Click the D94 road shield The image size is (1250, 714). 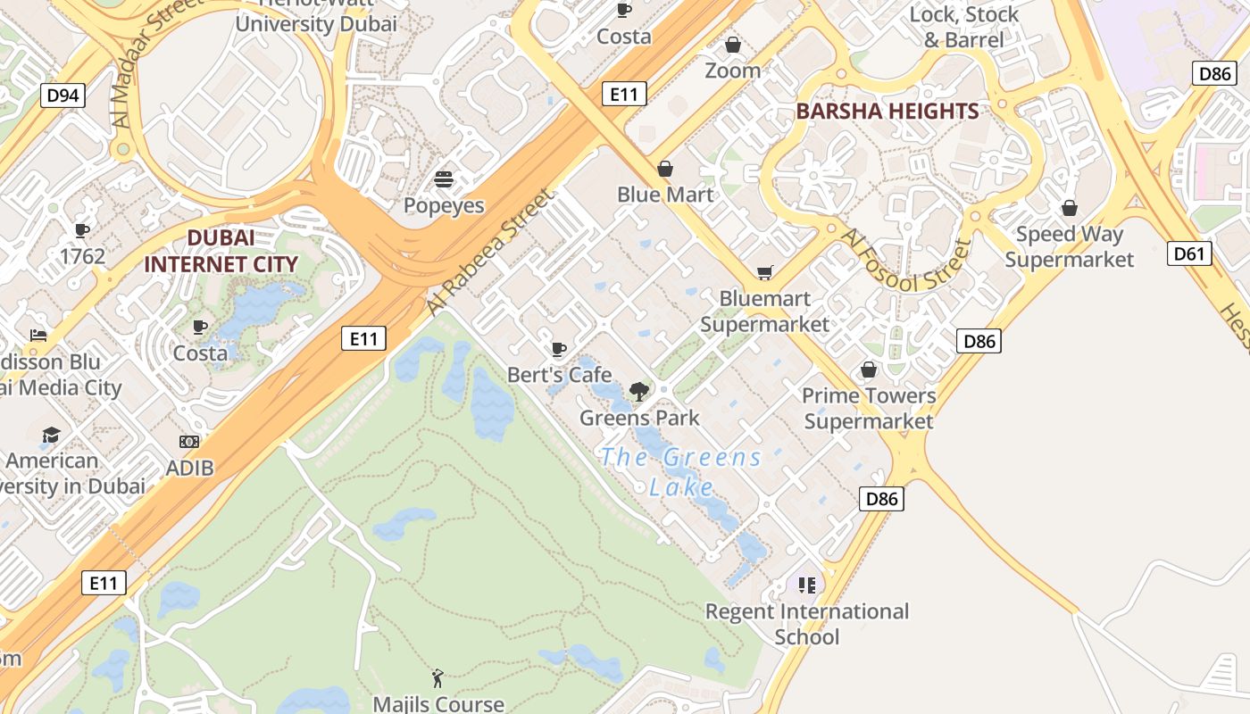62,95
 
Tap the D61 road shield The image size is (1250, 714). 1188,253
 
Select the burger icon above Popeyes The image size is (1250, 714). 444,179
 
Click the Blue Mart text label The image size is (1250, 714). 665,195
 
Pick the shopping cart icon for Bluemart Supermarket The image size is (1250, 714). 764,272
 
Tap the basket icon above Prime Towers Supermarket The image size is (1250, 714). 868,369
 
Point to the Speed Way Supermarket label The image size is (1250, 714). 1069,246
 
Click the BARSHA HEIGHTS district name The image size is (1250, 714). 887,112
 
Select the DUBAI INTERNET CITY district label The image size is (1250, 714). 220,251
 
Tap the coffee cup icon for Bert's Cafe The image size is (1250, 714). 559,349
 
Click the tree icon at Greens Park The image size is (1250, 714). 638,391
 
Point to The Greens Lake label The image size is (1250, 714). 681,472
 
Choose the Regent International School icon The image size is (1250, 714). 807,585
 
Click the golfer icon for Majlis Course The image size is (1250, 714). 437,678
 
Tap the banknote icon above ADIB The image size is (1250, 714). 189,442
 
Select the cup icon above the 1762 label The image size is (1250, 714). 82,231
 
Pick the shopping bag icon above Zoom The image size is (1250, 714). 733,45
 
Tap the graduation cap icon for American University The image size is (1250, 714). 52,435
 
